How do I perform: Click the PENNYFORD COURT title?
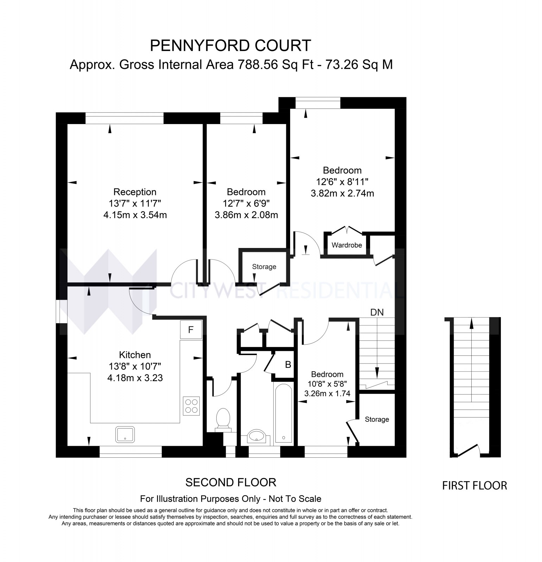[230, 46]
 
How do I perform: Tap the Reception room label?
[135, 192]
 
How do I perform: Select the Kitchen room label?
[135, 355]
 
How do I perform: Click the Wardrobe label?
[346, 245]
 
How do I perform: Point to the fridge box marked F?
[191, 330]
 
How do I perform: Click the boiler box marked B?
[288, 365]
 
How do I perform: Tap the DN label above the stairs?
[377, 312]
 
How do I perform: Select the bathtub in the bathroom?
[283, 414]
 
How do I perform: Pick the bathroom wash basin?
[257, 436]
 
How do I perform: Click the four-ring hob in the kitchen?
[191, 406]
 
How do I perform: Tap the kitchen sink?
[125, 434]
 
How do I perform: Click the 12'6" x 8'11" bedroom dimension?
[342, 182]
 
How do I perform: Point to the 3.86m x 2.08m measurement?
[246, 215]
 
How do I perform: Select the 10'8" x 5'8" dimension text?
[327, 384]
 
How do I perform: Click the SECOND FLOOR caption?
[231, 483]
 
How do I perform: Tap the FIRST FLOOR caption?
[474, 486]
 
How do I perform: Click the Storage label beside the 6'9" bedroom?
[264, 267]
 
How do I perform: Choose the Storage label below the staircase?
[377, 419]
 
